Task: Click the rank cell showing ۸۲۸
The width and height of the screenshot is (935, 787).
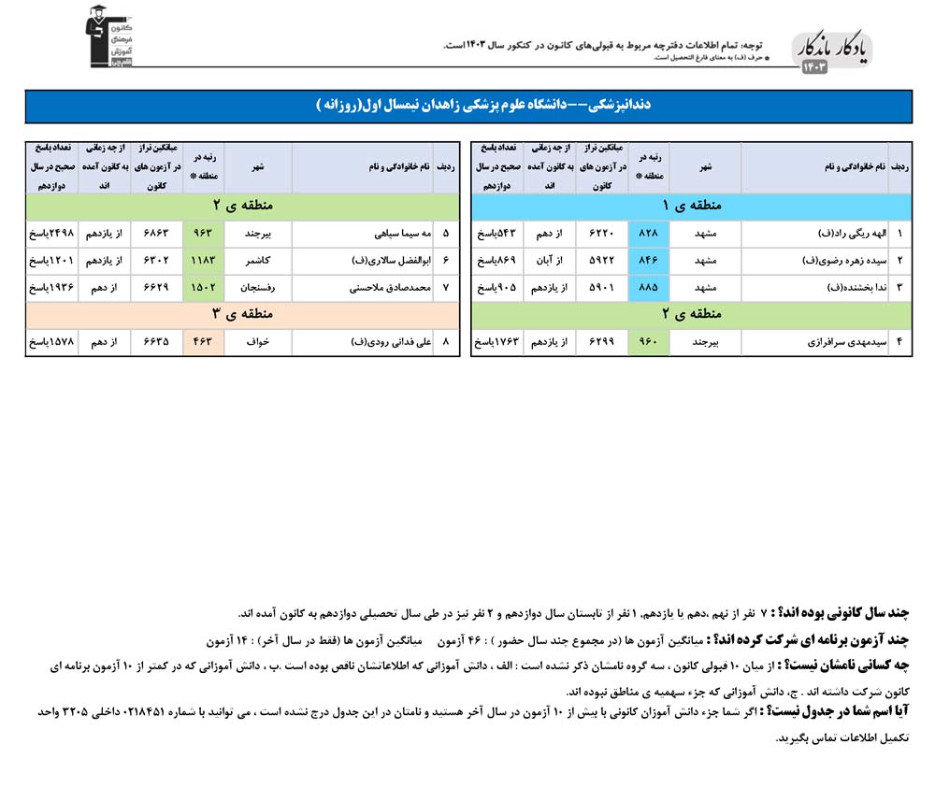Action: (x=650, y=233)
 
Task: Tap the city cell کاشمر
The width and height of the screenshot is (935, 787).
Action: (x=257, y=259)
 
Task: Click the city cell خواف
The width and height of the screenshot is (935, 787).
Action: (x=257, y=342)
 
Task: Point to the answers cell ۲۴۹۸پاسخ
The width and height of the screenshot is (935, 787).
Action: (x=52, y=233)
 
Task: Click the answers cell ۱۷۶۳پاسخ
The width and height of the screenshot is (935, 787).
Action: (x=499, y=342)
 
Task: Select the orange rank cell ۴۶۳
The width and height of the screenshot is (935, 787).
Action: (x=203, y=342)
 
